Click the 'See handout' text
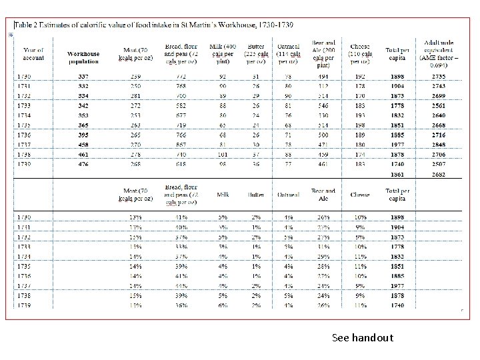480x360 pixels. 363,338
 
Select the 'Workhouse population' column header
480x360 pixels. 83,57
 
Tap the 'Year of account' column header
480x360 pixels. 33,53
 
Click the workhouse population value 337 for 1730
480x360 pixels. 83,77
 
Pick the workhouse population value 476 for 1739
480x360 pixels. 83,163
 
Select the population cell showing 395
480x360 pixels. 83,135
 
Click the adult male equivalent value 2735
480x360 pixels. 438,77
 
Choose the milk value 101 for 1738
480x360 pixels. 223,154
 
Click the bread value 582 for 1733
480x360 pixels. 181,105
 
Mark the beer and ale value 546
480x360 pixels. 323,105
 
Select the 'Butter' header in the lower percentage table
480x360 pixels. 257,195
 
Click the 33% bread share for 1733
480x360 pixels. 181,246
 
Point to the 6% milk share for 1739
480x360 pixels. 223,305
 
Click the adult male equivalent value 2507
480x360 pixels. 438,163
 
